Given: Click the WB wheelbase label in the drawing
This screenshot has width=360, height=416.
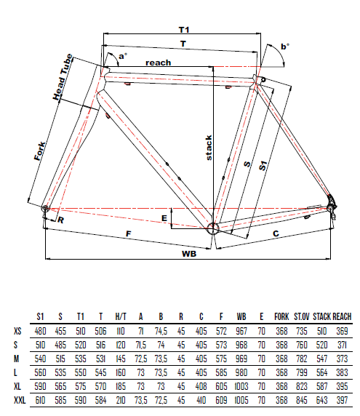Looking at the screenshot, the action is tap(189, 254).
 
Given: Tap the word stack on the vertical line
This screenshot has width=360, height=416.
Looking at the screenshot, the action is tap(209, 148).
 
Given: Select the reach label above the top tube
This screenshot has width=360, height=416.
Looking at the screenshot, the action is tap(158, 63).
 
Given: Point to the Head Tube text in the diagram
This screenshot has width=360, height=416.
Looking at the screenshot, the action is tap(63, 77).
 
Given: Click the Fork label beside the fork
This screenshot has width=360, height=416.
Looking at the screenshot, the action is tap(40, 151).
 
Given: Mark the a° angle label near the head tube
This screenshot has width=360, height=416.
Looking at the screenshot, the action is tap(123, 56).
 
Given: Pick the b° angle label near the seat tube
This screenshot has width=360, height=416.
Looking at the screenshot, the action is tap(285, 47).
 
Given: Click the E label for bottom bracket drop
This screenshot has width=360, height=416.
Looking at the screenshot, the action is tap(164, 218).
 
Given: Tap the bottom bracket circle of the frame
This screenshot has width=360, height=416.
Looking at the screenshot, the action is tap(213, 228).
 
